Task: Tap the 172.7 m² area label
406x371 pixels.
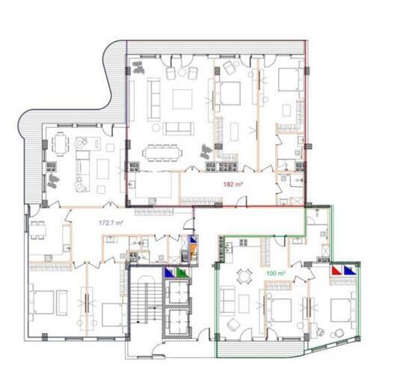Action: (111, 222)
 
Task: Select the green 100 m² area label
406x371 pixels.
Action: (275, 275)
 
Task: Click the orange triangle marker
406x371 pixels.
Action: (193, 241)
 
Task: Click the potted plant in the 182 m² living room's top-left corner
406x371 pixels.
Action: (139, 69)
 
